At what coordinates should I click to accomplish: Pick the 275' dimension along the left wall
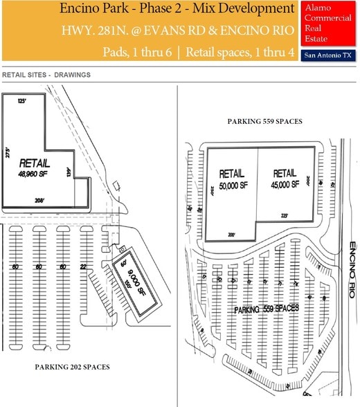click(x=8, y=154)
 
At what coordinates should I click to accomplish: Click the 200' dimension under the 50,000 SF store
click(x=232, y=235)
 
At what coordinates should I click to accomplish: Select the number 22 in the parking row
click(x=84, y=266)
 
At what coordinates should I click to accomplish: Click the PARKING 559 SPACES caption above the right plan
click(x=264, y=121)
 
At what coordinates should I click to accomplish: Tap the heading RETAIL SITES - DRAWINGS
click(x=46, y=74)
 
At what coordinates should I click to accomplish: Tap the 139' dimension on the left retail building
click(x=69, y=172)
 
